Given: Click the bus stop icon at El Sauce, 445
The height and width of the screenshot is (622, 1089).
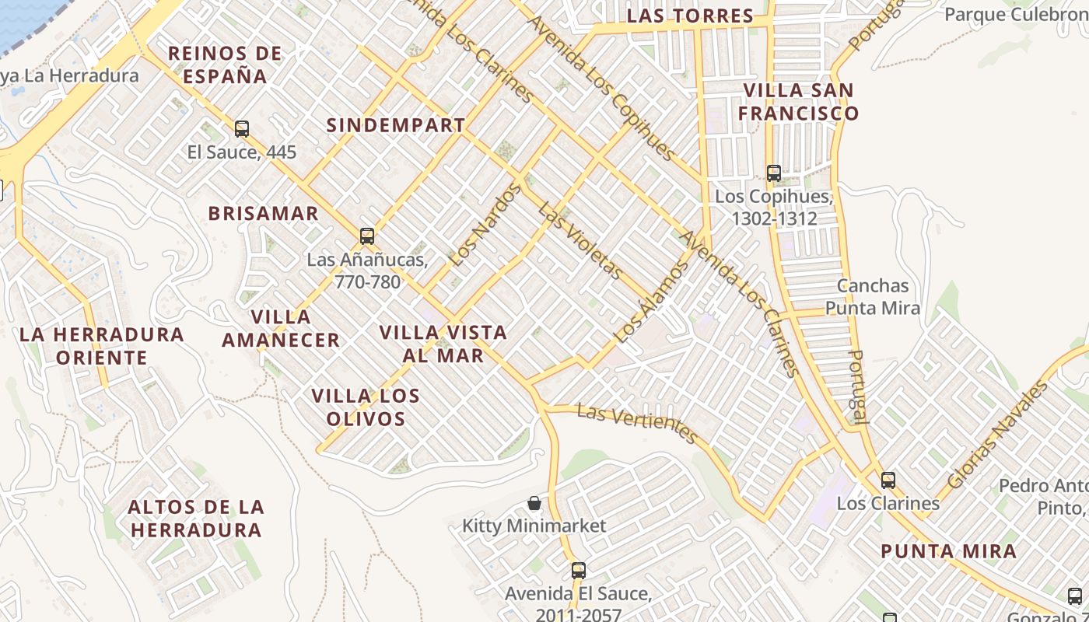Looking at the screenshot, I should [242, 129].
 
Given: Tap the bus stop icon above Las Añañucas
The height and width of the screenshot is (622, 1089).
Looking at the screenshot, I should [367, 236].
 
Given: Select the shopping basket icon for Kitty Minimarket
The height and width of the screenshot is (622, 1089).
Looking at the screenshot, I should [534, 503].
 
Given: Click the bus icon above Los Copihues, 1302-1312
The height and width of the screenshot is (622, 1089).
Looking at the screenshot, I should [773, 173].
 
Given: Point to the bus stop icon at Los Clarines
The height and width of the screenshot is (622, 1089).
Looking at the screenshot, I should [888, 480].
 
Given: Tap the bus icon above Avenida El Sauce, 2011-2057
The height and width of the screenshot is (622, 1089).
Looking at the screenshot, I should [578, 571].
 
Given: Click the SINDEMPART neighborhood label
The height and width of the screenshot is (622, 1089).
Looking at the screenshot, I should [395, 125].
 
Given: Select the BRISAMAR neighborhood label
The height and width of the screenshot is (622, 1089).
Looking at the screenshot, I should [263, 214].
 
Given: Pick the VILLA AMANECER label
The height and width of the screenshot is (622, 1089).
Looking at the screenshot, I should [281, 328].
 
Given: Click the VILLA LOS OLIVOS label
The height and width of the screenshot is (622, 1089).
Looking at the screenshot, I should [366, 407].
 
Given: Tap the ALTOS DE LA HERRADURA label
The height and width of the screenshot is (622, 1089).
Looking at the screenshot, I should [196, 519].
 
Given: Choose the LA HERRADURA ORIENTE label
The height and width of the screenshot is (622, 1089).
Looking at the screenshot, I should [101, 346].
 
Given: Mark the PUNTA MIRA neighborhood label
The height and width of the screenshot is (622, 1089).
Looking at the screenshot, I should [948, 552].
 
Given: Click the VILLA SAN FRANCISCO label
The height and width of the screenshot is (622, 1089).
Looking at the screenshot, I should [798, 102].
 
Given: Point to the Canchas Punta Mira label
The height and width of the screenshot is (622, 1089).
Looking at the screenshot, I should [873, 297].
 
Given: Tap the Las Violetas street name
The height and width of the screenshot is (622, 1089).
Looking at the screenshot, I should [580, 241].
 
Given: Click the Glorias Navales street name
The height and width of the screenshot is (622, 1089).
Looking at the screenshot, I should [999, 435].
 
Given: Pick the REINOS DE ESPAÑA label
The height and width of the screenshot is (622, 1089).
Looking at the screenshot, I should [225, 65].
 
